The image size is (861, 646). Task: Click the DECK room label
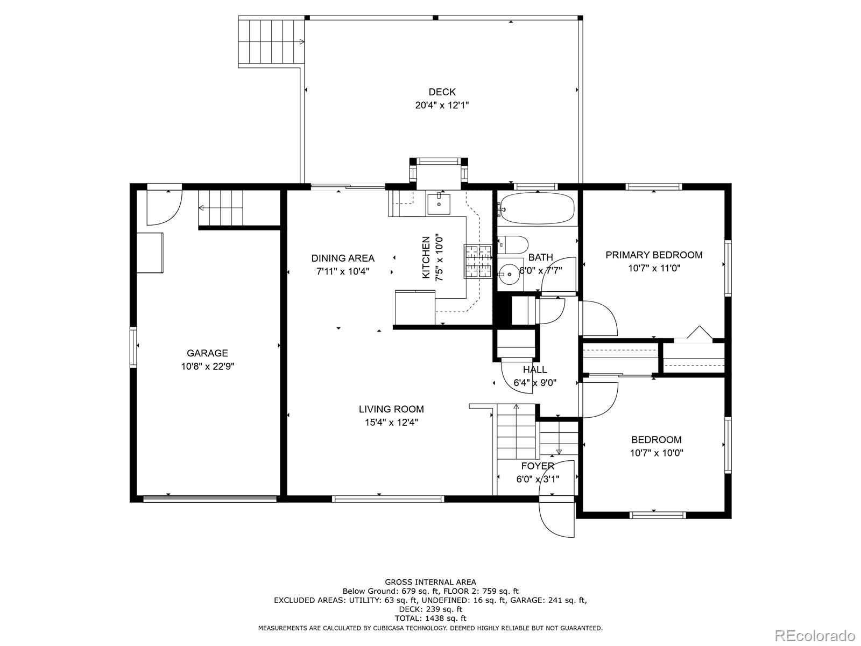pos(442,92)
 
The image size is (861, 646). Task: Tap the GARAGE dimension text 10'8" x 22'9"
pos(207,367)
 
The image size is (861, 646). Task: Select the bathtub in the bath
pos(535,208)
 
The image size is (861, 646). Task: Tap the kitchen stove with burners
pos(478,261)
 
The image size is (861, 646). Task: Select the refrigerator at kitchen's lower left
pos(415,307)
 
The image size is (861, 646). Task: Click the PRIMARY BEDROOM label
pos(654,255)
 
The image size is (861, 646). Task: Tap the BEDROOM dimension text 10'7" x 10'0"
pos(657,453)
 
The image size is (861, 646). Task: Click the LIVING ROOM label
pos(391,409)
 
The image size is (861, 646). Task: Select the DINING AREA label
pos(343,258)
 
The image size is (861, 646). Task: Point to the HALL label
pos(535,370)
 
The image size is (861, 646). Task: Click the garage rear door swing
pos(163,206)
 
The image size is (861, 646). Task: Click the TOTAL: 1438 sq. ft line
pos(430,618)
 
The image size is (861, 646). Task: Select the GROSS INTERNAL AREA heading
pos(430,582)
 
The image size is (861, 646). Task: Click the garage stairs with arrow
pos(221,208)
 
